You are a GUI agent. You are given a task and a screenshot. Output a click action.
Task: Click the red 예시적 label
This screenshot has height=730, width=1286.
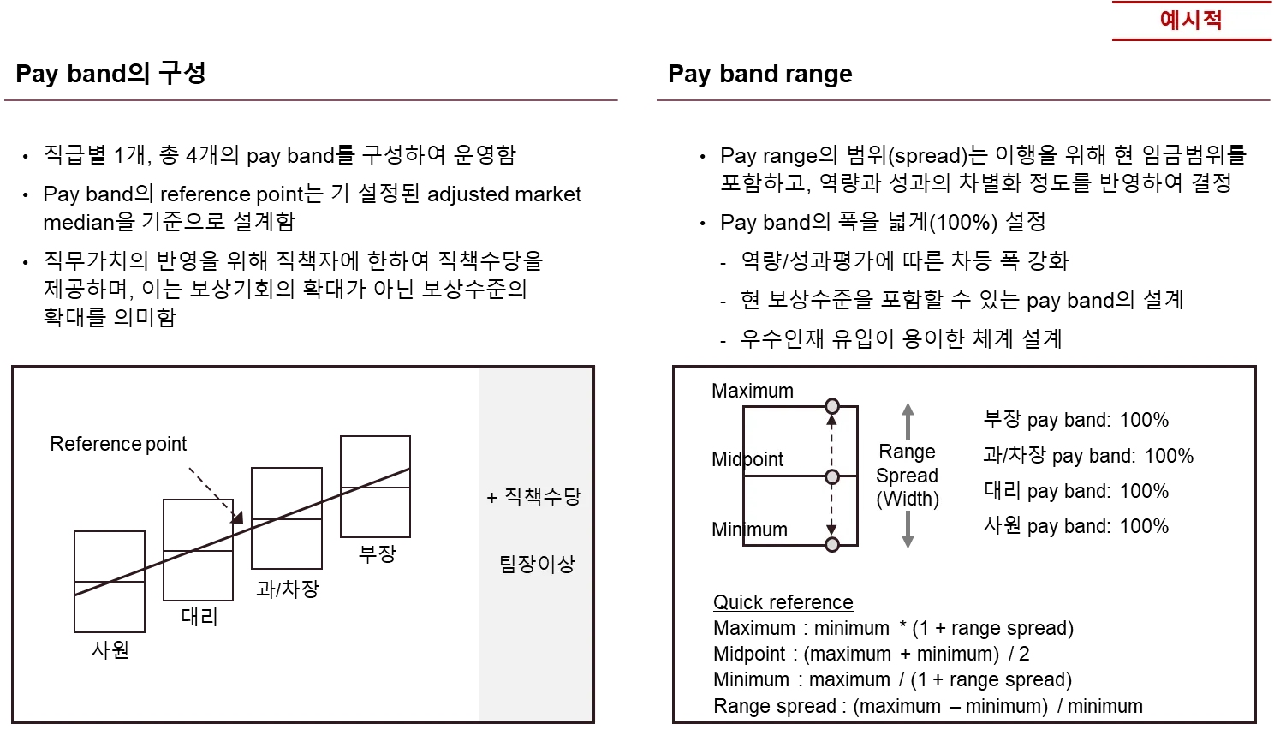[x=1191, y=20]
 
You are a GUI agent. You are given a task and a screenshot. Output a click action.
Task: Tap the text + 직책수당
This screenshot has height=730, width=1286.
[x=534, y=497]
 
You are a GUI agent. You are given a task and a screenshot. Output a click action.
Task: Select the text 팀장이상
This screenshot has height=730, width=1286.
[x=537, y=564]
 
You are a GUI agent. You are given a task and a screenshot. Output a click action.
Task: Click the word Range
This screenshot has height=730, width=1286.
[x=907, y=452]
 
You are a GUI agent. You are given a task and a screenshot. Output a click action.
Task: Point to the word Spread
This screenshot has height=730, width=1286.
[x=907, y=476]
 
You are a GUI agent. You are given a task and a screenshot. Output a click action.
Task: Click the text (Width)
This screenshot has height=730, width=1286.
[x=908, y=499]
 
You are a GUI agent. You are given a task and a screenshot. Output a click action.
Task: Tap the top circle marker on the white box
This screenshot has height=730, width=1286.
[x=831, y=406]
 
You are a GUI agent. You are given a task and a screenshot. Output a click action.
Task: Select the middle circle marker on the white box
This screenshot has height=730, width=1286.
[x=831, y=476]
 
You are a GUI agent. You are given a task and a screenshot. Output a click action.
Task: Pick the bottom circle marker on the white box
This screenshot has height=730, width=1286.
[x=831, y=545]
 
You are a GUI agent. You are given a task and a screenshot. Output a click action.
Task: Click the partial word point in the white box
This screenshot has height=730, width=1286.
[x=763, y=460]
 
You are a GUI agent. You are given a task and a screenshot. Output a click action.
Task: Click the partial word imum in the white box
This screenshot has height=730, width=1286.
[x=765, y=530]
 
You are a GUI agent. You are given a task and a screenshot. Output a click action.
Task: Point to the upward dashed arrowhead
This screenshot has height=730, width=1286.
[x=831, y=422]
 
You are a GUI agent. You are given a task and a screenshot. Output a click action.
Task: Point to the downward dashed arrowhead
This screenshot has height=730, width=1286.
[x=831, y=530]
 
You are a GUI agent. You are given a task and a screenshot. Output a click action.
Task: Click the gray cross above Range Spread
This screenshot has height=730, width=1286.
[x=908, y=410]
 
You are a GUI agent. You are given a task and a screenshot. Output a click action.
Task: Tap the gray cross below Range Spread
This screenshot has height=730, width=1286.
[x=908, y=542]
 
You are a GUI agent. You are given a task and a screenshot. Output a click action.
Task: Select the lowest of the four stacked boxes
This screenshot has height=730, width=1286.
[x=110, y=583]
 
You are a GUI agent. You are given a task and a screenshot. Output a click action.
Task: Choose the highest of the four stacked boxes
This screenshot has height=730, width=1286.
[x=373, y=486]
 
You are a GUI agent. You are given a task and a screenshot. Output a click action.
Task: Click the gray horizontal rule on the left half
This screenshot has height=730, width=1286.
[x=311, y=99]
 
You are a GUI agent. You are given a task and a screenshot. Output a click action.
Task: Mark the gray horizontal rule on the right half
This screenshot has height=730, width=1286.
[x=962, y=99]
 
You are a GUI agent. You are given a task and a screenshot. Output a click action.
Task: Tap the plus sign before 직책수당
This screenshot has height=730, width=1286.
[x=491, y=498]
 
